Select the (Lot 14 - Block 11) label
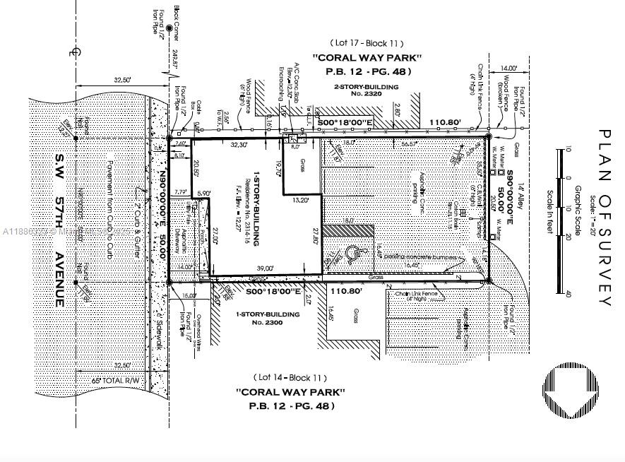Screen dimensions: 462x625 tap(291, 377)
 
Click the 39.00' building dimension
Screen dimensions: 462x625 tap(266, 268)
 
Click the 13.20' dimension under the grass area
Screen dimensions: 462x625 tap(302, 200)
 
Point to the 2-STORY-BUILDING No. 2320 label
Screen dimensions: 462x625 tap(366, 90)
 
